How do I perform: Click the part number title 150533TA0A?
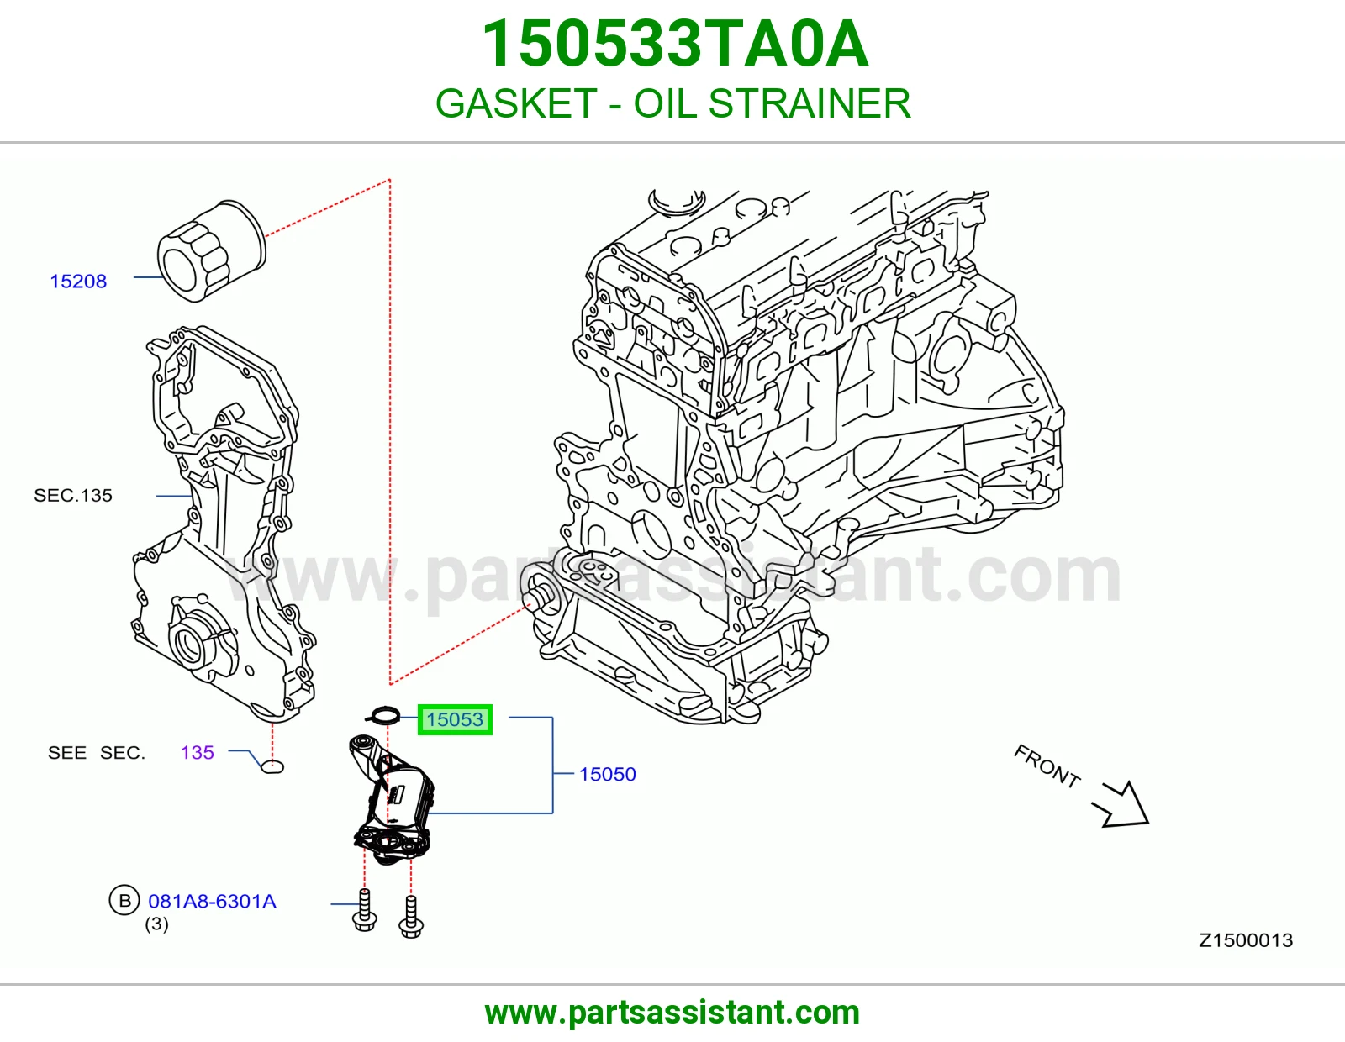(x=675, y=44)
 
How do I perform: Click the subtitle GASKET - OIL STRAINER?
(x=672, y=103)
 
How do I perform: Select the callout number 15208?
(x=78, y=282)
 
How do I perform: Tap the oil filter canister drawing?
(x=212, y=250)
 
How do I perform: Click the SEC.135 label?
(x=73, y=496)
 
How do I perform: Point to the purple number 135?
(x=197, y=752)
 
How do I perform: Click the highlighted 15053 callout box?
(x=455, y=719)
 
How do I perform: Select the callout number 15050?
(x=607, y=774)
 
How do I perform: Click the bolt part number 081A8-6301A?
(x=213, y=901)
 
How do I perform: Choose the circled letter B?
(x=124, y=900)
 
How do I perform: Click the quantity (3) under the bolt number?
(x=156, y=924)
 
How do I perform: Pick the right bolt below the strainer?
(x=411, y=917)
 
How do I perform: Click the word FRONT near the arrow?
(x=1047, y=766)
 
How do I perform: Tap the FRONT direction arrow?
(x=1121, y=804)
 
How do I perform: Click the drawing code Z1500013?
(x=1246, y=940)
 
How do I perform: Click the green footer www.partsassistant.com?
(x=672, y=1013)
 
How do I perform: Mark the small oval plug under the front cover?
(x=272, y=767)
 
